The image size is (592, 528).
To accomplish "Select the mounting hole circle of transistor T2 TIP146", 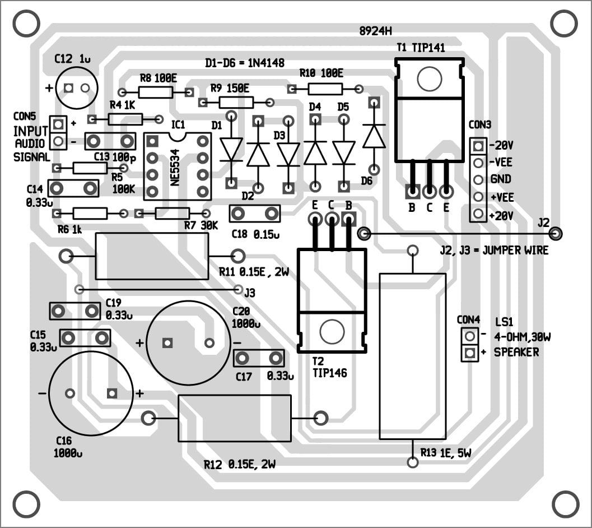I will (332, 332).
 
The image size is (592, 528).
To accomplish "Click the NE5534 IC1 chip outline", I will (178, 166).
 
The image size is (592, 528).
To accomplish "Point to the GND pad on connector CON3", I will (478, 180).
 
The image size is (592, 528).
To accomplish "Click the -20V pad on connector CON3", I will (478, 146).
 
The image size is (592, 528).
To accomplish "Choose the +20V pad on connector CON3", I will (478, 214).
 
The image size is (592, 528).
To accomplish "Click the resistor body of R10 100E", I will (325, 89).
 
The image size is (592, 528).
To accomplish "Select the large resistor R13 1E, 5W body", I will (413, 356).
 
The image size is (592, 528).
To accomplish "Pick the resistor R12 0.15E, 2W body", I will (234, 418).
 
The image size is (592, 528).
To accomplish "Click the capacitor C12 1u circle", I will (77, 88).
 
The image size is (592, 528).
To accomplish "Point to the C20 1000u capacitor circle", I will (188, 342).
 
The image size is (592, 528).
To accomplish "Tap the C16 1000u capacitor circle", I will (91, 393).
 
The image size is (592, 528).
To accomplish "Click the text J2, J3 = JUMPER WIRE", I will (494, 251).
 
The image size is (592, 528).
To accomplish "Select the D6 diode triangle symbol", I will (374, 137).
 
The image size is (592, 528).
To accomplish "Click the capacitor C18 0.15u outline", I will (255, 213).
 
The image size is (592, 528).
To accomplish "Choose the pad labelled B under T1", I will (412, 192).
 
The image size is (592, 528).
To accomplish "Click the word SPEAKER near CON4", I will (516, 353).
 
